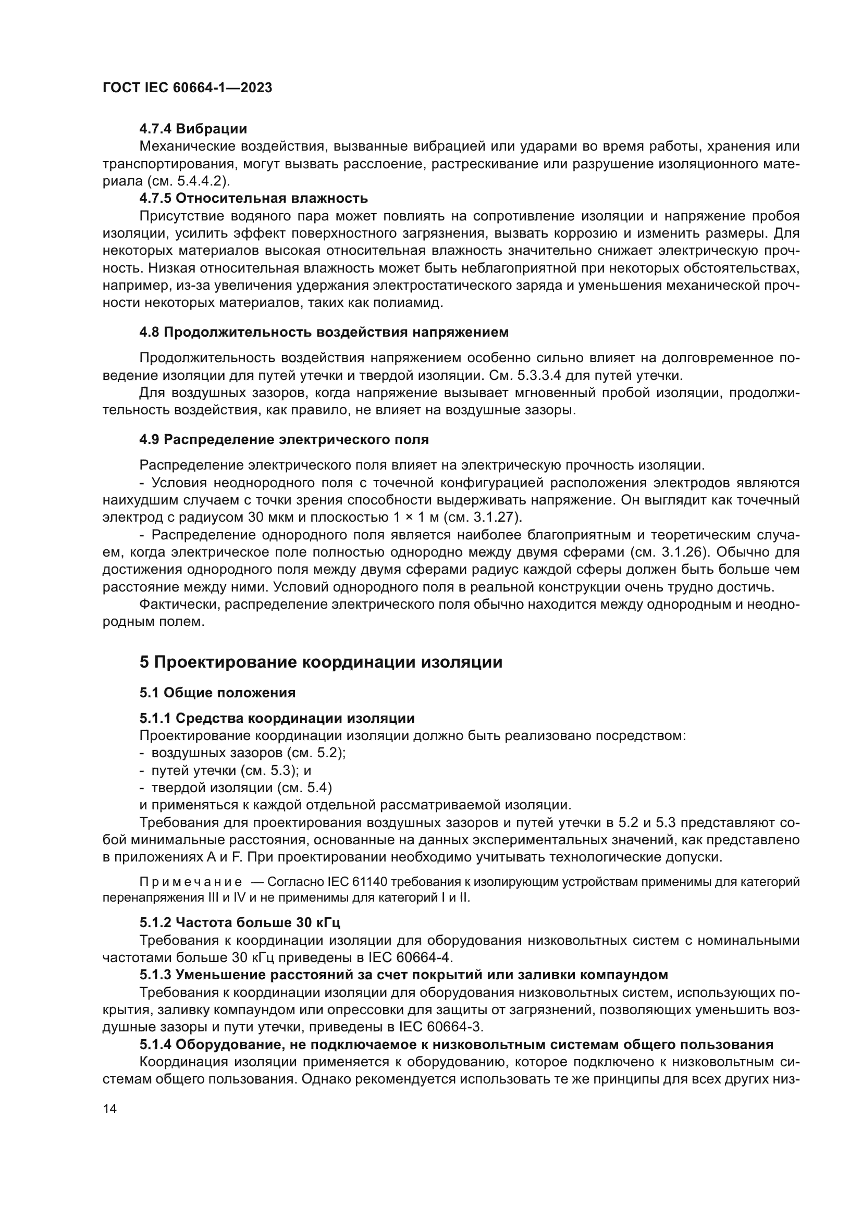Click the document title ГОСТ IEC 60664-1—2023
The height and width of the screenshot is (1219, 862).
coord(187,88)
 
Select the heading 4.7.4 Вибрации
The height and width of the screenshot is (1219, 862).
coord(193,129)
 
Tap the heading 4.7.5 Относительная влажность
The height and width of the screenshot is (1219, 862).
coord(253,199)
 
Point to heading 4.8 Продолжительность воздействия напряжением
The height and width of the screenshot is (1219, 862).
coord(324,333)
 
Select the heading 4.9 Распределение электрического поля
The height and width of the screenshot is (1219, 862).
coord(284,440)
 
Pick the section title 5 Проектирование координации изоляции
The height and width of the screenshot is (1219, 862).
coord(321,662)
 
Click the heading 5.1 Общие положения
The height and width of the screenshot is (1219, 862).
coord(218,693)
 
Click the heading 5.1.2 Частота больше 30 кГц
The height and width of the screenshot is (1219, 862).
coord(240,922)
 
